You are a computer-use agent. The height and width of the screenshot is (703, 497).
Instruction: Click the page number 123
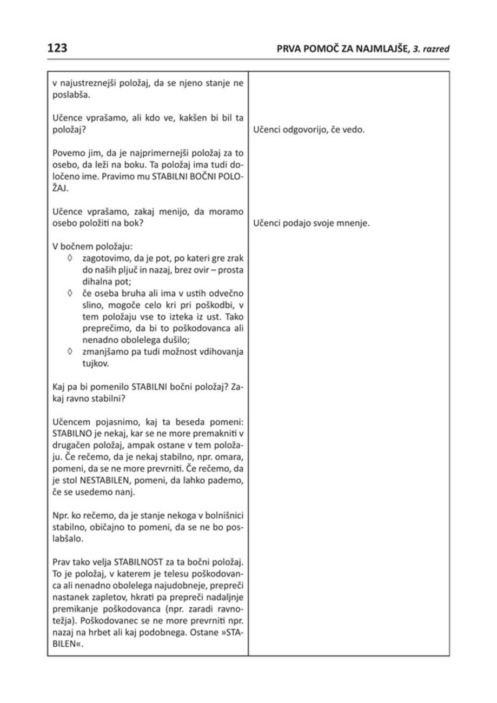coord(57,48)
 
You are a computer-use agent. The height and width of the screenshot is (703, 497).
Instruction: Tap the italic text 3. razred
coord(430,50)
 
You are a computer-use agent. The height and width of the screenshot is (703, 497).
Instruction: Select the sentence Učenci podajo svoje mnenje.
coord(311,222)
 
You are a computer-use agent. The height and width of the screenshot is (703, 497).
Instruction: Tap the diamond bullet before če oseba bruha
coord(71,293)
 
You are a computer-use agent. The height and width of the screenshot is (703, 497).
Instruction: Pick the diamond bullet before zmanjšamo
coord(71,351)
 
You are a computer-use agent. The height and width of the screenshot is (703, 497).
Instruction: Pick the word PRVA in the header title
coord(287,50)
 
